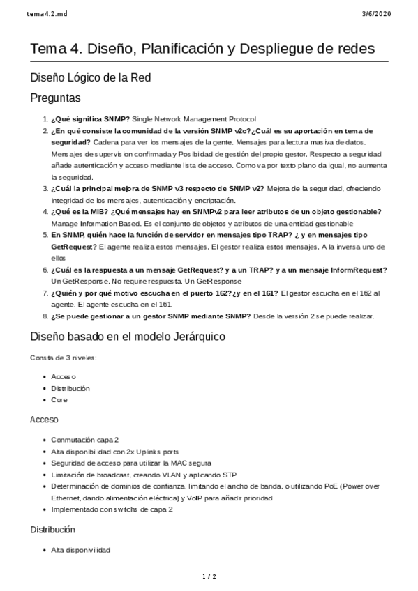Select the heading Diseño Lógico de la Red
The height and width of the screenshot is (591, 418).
tap(90, 77)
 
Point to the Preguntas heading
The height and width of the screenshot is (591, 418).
tap(55, 98)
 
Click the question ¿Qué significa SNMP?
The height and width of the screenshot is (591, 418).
tap(91, 119)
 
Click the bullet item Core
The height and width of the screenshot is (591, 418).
tap(59, 400)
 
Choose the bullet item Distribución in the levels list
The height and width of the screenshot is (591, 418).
tap(70, 388)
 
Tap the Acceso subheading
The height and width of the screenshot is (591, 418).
tap(44, 420)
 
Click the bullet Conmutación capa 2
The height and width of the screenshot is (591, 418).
tap(85, 440)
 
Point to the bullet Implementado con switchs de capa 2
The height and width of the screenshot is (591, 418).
tap(112, 509)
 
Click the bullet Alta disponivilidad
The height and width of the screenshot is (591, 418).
tap(81, 550)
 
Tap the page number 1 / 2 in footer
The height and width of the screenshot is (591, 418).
tap(209, 576)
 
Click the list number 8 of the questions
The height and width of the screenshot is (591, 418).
tap(45, 316)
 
